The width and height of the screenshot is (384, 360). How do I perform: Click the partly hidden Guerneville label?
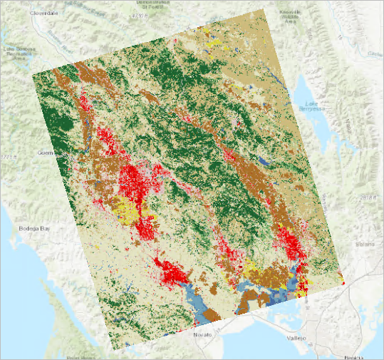44,153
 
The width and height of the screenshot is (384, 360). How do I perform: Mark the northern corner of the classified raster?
264,9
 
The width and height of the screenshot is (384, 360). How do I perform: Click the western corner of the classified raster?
33,74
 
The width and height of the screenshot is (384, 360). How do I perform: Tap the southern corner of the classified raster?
114,349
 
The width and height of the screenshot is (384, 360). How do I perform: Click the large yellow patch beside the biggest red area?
127,210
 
